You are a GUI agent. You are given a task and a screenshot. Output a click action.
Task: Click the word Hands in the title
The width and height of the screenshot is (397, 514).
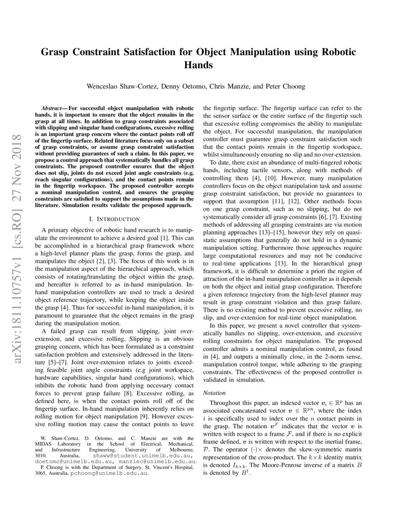[x=198, y=65]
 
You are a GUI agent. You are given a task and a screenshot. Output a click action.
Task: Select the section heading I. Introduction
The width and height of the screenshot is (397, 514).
[x=114, y=219]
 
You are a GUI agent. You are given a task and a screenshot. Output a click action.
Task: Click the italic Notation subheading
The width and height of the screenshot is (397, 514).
[x=215, y=393]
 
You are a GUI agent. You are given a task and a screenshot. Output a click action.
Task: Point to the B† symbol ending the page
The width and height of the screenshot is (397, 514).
[x=246, y=473]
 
